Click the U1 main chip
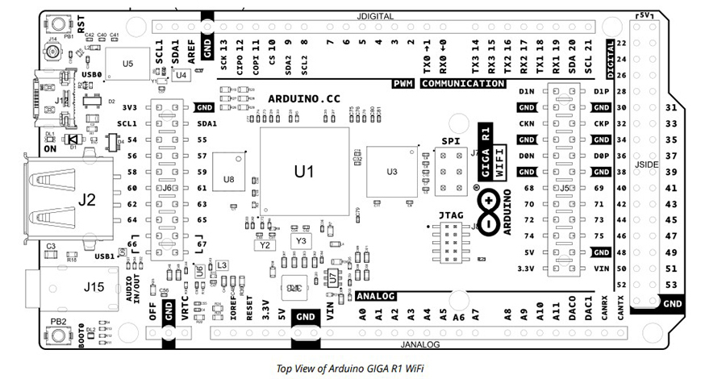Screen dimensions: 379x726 [304, 172]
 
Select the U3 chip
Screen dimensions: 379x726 [392, 172]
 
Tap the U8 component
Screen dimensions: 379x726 [228, 179]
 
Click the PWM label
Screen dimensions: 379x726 [403, 84]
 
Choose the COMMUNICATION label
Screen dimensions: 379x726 [463, 84]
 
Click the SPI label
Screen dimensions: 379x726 [449, 142]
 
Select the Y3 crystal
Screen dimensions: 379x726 [301, 241]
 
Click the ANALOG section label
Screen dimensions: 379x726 [375, 296]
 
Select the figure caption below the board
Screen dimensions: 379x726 [350, 369]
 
